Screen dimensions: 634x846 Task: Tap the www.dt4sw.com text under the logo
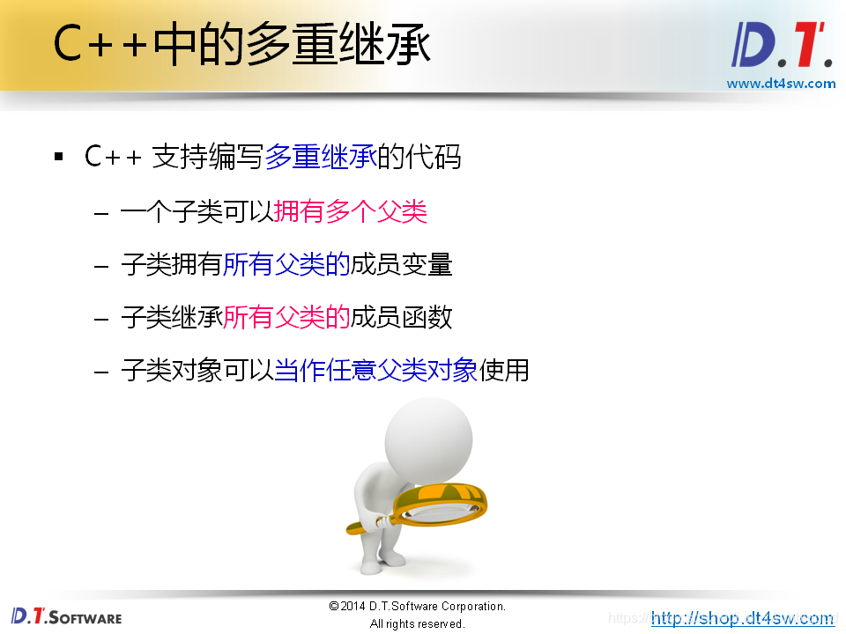tap(781, 84)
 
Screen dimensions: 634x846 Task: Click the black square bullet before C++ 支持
tap(59, 158)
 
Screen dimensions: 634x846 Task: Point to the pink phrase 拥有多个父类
tap(351, 211)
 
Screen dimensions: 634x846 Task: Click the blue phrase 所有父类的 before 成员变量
tap(286, 264)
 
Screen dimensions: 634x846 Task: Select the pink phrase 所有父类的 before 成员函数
tap(286, 317)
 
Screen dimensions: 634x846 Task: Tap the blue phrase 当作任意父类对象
tap(376, 370)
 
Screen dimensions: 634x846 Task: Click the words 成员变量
tap(402, 264)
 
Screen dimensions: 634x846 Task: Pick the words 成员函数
tap(402, 317)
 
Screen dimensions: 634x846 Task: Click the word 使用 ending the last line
tap(504, 370)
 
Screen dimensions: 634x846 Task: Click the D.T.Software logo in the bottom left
tap(66, 616)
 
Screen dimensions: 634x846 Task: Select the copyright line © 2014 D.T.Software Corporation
tap(417, 607)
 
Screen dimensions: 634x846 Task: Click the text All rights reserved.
tap(417, 623)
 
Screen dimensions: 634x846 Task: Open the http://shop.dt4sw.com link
tap(742, 618)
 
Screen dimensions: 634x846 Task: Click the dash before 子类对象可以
tap(102, 371)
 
